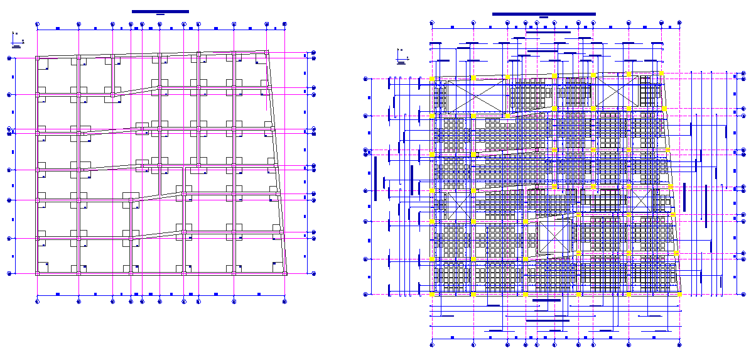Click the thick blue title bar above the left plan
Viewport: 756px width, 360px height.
(160, 11)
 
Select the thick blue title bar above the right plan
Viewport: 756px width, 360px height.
(544, 14)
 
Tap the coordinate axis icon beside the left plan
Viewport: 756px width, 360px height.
(18, 41)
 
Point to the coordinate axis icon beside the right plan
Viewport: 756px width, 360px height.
(401, 57)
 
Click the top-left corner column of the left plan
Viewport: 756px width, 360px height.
(38, 58)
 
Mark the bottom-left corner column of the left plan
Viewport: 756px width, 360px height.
(38, 273)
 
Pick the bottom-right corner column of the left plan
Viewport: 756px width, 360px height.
(286, 273)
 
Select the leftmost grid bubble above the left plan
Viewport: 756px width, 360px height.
(38, 25)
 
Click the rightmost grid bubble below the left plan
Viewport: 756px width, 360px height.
(286, 301)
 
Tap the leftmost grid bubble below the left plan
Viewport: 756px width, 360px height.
(38, 301)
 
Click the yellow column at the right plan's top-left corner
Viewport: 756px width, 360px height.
(432, 79)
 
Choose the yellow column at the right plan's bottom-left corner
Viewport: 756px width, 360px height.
(432, 294)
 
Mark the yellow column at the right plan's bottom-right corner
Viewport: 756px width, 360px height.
(679, 294)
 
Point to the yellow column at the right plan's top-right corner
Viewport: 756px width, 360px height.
(661, 74)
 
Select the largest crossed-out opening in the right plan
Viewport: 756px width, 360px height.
(477, 97)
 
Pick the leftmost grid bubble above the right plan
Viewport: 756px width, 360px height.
(432, 23)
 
